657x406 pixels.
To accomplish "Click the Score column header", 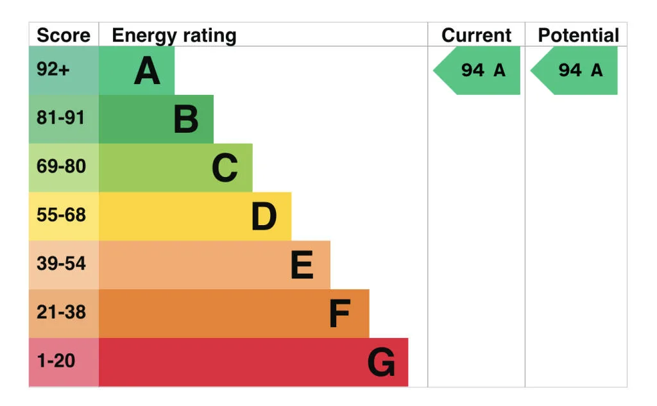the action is click(x=64, y=35).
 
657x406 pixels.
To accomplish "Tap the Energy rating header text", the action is click(x=174, y=36).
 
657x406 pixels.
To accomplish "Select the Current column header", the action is click(x=477, y=35).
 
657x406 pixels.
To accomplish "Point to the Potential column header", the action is click(x=578, y=35).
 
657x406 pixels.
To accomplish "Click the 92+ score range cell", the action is click(x=64, y=71).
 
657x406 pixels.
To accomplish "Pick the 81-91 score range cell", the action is click(x=64, y=119).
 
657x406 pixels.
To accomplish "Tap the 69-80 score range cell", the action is click(x=64, y=167).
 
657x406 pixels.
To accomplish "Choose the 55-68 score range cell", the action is click(x=64, y=216).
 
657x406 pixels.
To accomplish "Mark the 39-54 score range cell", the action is click(x=64, y=265).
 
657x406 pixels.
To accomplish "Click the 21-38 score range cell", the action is click(x=64, y=314).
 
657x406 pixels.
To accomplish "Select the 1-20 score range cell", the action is click(x=64, y=362).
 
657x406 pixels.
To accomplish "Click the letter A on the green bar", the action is click(x=147, y=71).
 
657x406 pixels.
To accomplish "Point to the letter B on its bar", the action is click(x=185, y=119).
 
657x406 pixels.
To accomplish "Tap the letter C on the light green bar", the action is click(x=225, y=167).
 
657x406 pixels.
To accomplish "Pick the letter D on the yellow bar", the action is click(x=264, y=216).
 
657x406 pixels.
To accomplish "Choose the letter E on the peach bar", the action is click(x=302, y=265).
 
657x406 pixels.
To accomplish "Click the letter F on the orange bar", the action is click(x=339, y=314).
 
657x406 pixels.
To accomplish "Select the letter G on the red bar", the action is click(x=381, y=362).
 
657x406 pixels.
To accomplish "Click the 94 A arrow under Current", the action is click(x=477, y=71).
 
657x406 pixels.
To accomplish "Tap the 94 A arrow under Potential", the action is click(x=574, y=71).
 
